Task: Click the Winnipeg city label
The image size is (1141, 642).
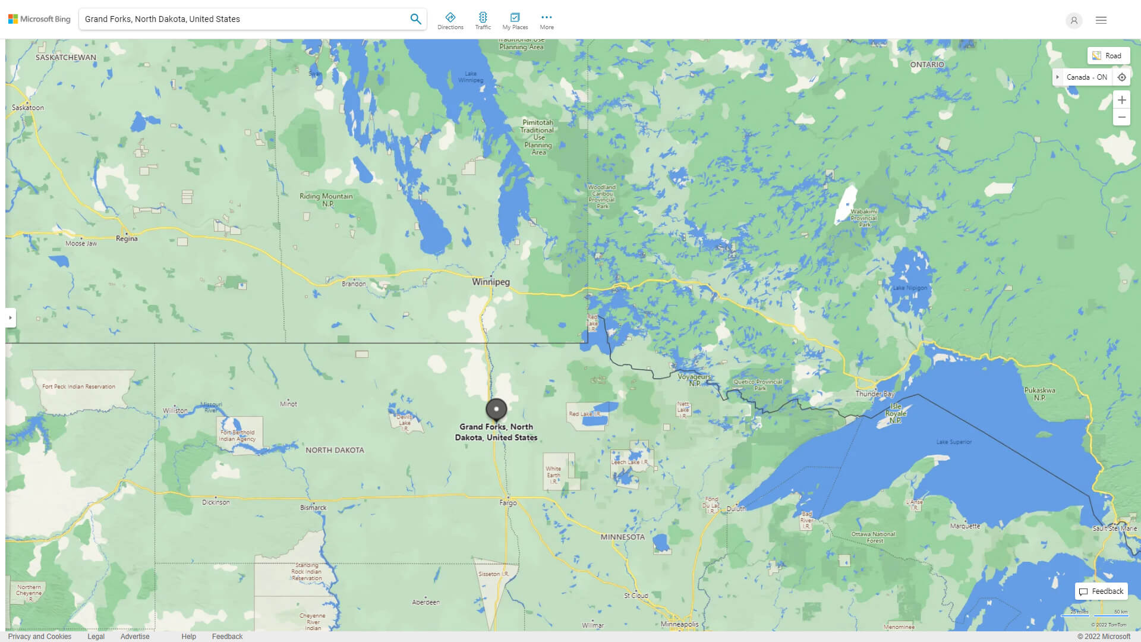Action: point(490,282)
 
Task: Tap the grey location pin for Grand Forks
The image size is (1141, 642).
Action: point(496,409)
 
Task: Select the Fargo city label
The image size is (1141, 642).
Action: point(508,503)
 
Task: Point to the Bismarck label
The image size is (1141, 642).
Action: point(313,508)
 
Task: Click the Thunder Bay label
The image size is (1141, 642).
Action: point(875,394)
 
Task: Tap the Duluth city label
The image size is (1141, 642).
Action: point(736,509)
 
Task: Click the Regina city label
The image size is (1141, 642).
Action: point(127,238)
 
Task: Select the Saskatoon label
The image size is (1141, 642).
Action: point(28,108)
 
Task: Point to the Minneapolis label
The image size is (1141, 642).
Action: point(679,624)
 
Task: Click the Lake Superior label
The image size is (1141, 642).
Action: point(954,442)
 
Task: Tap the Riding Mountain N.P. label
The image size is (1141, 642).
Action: point(326,200)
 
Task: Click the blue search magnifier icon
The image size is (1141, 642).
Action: point(415,19)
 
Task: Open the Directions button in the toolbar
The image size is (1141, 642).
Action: point(450,21)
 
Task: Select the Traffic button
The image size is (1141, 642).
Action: point(483,21)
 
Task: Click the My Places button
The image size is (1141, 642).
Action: point(515,21)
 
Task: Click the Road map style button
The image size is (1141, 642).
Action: point(1108,56)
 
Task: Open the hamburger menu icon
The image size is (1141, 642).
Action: point(1101,20)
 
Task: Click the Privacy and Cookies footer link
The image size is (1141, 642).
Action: point(40,637)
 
